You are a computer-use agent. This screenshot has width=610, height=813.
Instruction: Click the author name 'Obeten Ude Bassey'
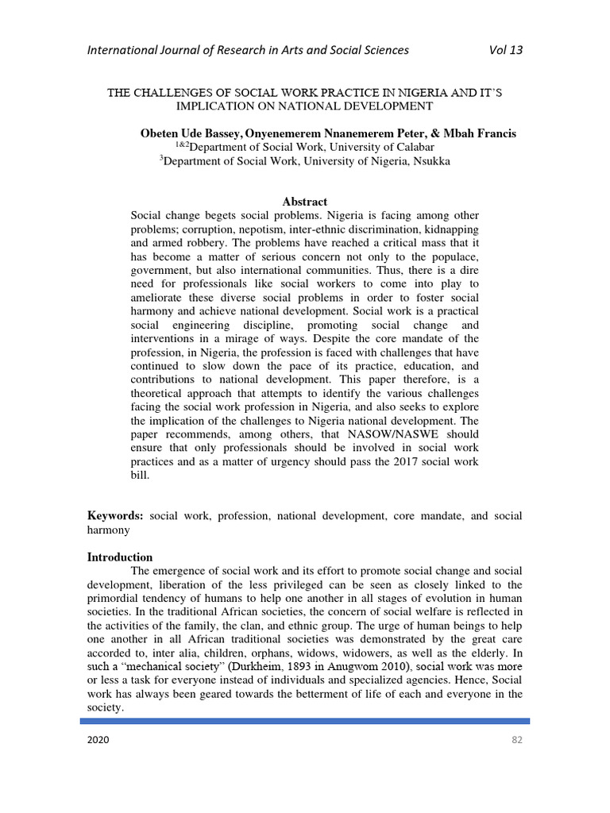click(x=187, y=133)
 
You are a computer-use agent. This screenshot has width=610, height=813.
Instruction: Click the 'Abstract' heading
click(x=305, y=202)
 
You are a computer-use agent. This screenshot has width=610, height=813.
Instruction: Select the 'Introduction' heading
click(x=120, y=557)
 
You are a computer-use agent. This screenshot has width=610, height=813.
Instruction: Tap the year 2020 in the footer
click(x=99, y=740)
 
